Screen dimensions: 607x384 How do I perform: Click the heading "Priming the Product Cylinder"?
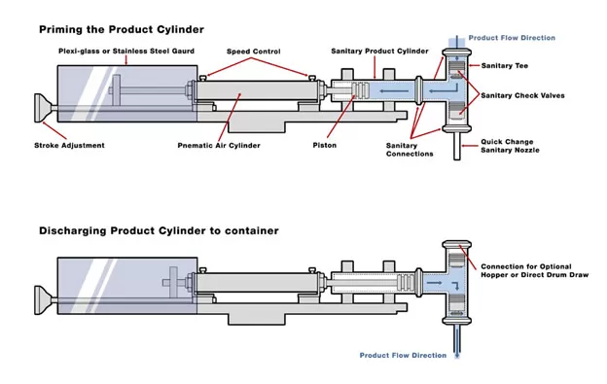pyautogui.click(x=122, y=29)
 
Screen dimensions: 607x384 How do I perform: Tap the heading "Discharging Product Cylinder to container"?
pyautogui.click(x=159, y=230)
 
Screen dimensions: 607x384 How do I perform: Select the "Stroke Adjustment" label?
pyautogui.click(x=69, y=146)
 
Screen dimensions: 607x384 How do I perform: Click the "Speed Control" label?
pyautogui.click(x=254, y=52)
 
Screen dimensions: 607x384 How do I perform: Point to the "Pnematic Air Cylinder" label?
pyautogui.click(x=219, y=146)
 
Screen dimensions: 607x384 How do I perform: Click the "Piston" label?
pyautogui.click(x=324, y=146)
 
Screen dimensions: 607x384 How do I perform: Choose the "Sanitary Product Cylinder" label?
pyautogui.click(x=379, y=52)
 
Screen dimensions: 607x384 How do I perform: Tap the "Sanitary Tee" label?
pyautogui.click(x=505, y=66)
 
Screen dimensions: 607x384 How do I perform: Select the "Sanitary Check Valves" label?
pyautogui.click(x=522, y=95)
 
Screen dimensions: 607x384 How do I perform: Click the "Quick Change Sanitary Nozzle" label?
pyautogui.click(x=510, y=146)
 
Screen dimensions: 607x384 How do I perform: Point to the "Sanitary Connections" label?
pyautogui.click(x=410, y=150)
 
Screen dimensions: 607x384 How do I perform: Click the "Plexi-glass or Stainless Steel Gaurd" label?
pyautogui.click(x=126, y=52)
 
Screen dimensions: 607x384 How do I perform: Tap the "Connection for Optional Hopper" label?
pyautogui.click(x=534, y=270)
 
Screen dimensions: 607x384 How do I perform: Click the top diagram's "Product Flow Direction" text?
pyautogui.click(x=512, y=38)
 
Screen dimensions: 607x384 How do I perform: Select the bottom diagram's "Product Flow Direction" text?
pyautogui.click(x=403, y=356)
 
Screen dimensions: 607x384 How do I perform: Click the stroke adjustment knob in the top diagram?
pyautogui.click(x=42, y=108)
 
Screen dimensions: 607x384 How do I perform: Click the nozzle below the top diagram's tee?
pyautogui.click(x=457, y=146)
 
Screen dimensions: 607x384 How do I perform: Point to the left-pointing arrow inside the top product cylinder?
pyautogui.click(x=394, y=91)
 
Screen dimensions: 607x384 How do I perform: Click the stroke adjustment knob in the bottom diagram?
pyautogui.click(x=42, y=300)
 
